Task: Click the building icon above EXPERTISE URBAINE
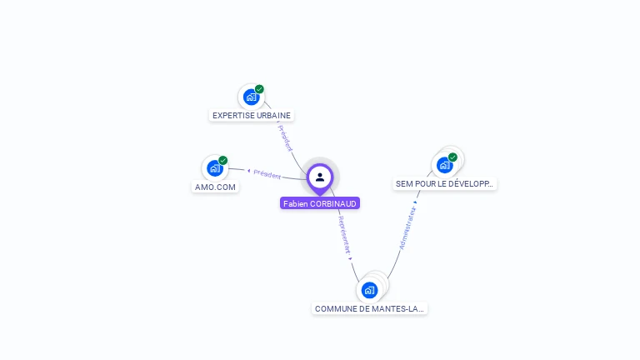tap(251, 97)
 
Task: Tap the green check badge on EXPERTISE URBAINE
tap(259, 89)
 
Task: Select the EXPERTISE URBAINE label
tap(252, 116)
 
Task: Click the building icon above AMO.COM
tap(215, 168)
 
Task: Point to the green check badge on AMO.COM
tap(222, 160)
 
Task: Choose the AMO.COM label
tap(215, 187)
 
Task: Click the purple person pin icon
tap(320, 177)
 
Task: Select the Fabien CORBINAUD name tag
tap(320, 203)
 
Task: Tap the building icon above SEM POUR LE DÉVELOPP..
tap(445, 165)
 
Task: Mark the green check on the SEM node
tap(452, 157)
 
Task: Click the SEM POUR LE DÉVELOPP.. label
tap(444, 183)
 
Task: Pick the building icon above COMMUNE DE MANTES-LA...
tap(369, 290)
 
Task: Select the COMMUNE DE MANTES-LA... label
tap(369, 308)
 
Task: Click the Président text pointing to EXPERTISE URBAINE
tap(285, 138)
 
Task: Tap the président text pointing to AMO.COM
tap(267, 173)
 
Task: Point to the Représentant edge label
tap(345, 236)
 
